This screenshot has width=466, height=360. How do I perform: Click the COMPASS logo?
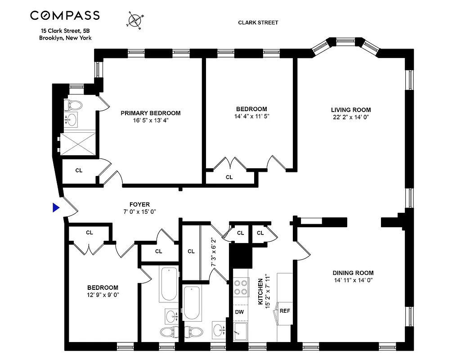pos(65,16)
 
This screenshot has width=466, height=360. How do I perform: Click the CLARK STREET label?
pos(259,22)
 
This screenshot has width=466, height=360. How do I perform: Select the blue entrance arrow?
pos(56,207)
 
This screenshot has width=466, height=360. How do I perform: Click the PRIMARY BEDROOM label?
pos(150,113)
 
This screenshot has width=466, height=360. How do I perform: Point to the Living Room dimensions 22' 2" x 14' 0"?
pos(351,118)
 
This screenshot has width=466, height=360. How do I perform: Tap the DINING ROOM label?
pos(353,273)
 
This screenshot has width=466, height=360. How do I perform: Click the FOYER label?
pos(139,204)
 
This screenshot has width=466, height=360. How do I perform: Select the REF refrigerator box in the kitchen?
pos(285,310)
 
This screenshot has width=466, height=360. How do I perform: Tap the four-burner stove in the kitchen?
pos(241,287)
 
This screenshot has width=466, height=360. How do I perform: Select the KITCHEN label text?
pos(260,292)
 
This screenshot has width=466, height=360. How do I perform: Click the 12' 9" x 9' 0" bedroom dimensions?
pos(103,295)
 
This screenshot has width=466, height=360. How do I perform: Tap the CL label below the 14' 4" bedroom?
pos(229,177)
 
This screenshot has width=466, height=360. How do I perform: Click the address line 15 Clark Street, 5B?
pos(65,31)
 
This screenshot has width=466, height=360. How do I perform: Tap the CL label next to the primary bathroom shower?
pos(79,171)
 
